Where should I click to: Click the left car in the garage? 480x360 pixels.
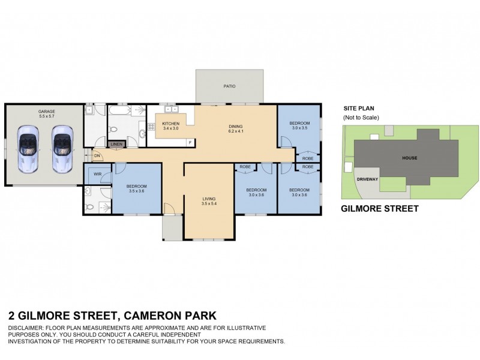pyautogui.click(x=27, y=149)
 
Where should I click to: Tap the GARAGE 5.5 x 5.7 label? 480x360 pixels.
pyautogui.click(x=47, y=114)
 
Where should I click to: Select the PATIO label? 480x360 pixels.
pyautogui.click(x=229, y=86)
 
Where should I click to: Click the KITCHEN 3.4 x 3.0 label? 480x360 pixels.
pyautogui.click(x=171, y=126)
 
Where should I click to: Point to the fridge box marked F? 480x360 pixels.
pyautogui.click(x=190, y=142)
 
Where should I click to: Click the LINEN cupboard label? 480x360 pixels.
pyautogui.click(x=116, y=145)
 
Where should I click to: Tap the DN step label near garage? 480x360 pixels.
pyautogui.click(x=97, y=156)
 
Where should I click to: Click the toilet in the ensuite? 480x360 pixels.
pyautogui.click(x=89, y=208)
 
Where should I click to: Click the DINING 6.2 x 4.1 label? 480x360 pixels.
pyautogui.click(x=235, y=128)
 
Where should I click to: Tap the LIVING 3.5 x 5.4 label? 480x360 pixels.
pyautogui.click(x=208, y=201)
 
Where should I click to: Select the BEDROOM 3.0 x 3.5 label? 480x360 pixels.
pyautogui.click(x=299, y=125)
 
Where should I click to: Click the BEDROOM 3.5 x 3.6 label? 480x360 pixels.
pyautogui.click(x=137, y=189)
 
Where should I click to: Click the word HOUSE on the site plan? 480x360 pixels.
pyautogui.click(x=409, y=158)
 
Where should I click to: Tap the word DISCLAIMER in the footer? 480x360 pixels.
pyautogui.click(x=27, y=328)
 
